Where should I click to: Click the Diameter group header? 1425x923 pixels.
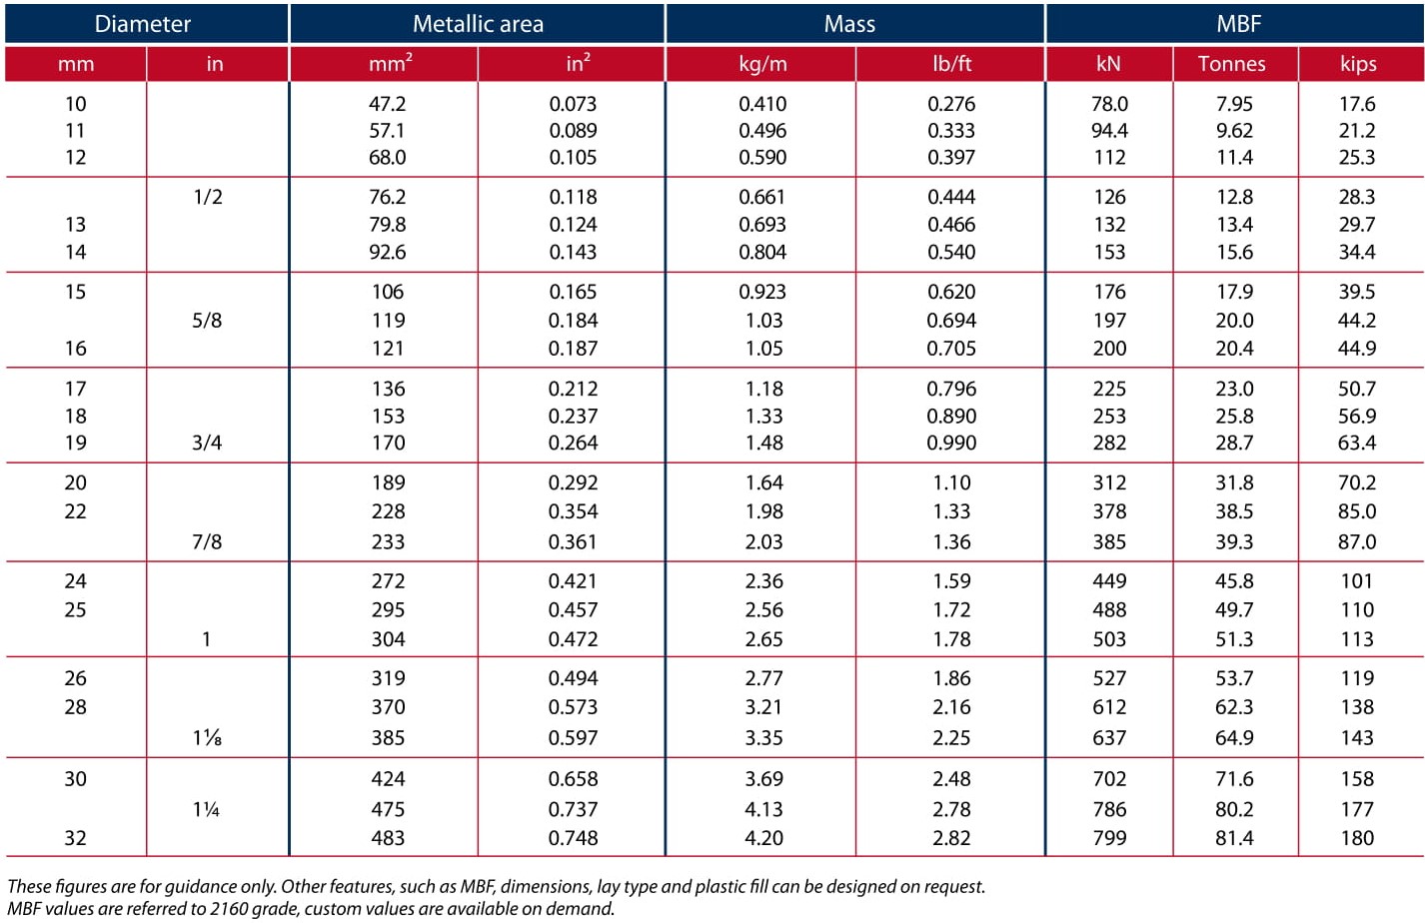(143, 24)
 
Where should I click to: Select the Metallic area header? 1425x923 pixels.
(478, 24)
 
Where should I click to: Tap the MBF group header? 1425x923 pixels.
(1238, 24)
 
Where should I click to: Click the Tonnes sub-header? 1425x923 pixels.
(1231, 64)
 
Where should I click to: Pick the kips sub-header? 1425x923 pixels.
(1358, 64)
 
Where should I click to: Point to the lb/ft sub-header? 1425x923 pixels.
(951, 64)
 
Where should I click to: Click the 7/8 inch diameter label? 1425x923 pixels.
(207, 542)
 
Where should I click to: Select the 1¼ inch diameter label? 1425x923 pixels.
(206, 809)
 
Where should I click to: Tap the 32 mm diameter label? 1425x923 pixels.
(75, 838)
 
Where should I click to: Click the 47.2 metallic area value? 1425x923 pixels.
(387, 104)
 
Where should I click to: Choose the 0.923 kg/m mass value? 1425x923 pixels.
(762, 292)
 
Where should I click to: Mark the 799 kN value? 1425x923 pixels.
(1109, 838)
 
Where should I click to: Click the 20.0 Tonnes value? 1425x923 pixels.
(1234, 320)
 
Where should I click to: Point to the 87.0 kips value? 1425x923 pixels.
(1357, 542)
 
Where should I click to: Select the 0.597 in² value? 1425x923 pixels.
(573, 738)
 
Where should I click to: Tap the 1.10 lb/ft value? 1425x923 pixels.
(951, 482)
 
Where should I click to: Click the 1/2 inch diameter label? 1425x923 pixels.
(208, 197)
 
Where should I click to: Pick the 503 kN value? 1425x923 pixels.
(1109, 639)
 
